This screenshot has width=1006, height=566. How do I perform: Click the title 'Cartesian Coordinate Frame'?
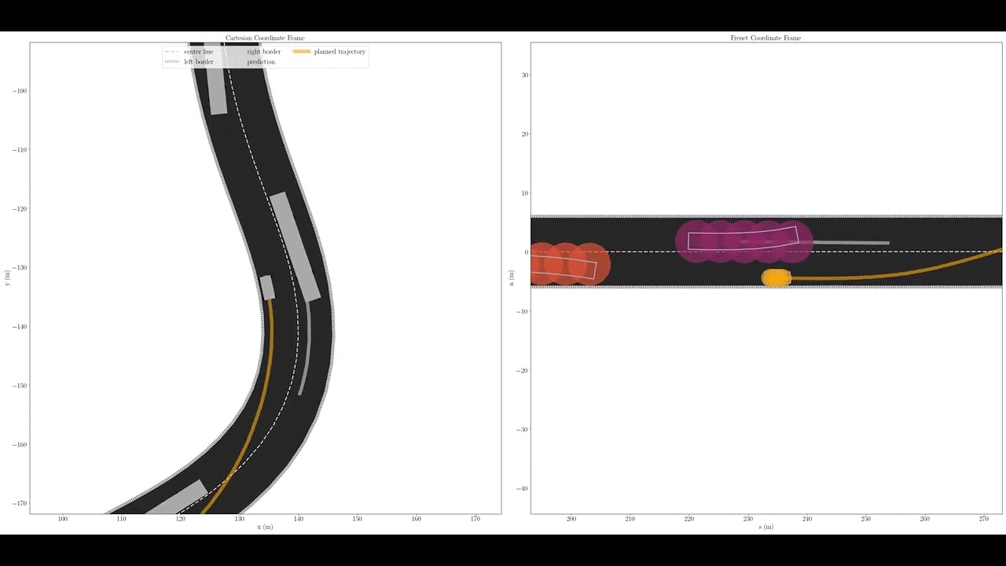265,38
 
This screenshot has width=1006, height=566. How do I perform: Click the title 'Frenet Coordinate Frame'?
766,38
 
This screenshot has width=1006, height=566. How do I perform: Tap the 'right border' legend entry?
263,52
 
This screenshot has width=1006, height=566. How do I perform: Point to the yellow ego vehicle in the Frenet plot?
777,277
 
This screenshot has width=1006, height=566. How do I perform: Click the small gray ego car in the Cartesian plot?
267,287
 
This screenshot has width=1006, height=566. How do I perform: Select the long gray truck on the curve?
296,246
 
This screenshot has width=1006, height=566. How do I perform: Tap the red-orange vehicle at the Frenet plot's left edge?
566,264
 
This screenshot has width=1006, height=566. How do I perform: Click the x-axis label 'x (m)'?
265,527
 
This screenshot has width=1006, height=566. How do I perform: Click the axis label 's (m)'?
766,527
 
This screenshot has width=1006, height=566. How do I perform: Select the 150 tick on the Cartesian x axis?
357,519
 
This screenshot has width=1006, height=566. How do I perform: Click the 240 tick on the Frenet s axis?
806,519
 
